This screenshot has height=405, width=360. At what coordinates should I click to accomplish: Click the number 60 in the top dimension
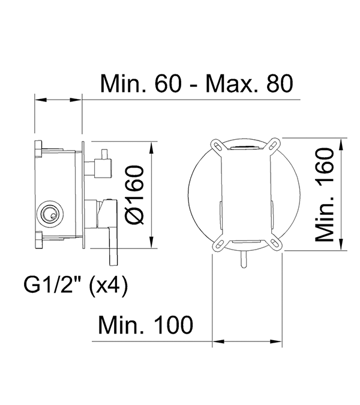coord(168,83)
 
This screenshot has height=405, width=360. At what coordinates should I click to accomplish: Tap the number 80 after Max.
coord(280,83)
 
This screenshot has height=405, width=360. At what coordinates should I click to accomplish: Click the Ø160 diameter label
coord(134,195)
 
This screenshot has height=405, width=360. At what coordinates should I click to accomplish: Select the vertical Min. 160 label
coord(325,195)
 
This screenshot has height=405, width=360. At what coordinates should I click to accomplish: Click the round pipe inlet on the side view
coord(51,213)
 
